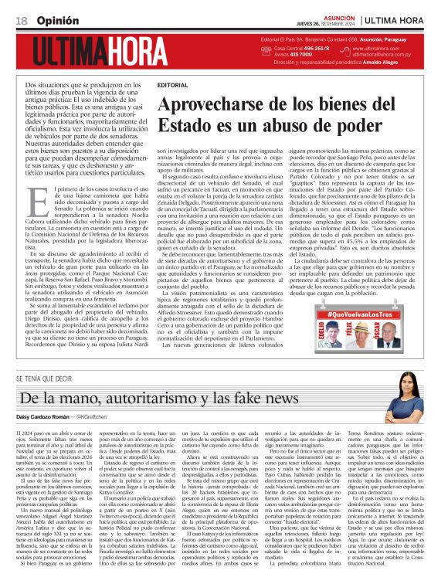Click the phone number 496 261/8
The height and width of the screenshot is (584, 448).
coord(314,48)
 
